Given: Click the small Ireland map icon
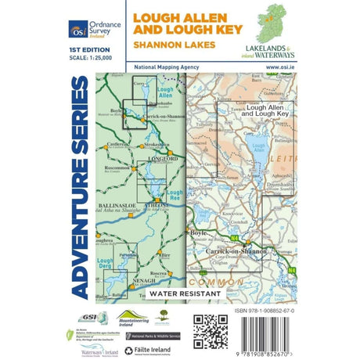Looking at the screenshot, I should coord(278,23).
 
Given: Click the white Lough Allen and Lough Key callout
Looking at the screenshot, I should coord(265,110).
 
